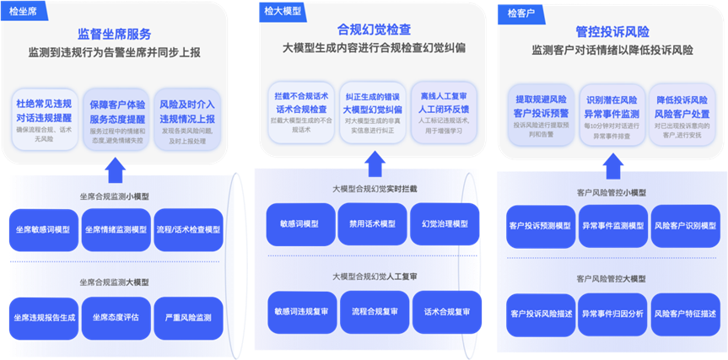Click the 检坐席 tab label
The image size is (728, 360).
[23, 14]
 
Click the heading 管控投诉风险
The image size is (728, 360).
[612, 31]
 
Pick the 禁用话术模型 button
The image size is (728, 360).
[372, 223]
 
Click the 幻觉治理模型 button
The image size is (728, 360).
[444, 223]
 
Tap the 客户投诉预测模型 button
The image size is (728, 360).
[541, 226]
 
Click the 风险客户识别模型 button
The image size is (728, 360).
[685, 226]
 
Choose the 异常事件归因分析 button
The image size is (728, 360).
[613, 314]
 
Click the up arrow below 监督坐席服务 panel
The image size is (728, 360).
[115, 170]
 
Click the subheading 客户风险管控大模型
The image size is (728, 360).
[612, 277]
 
